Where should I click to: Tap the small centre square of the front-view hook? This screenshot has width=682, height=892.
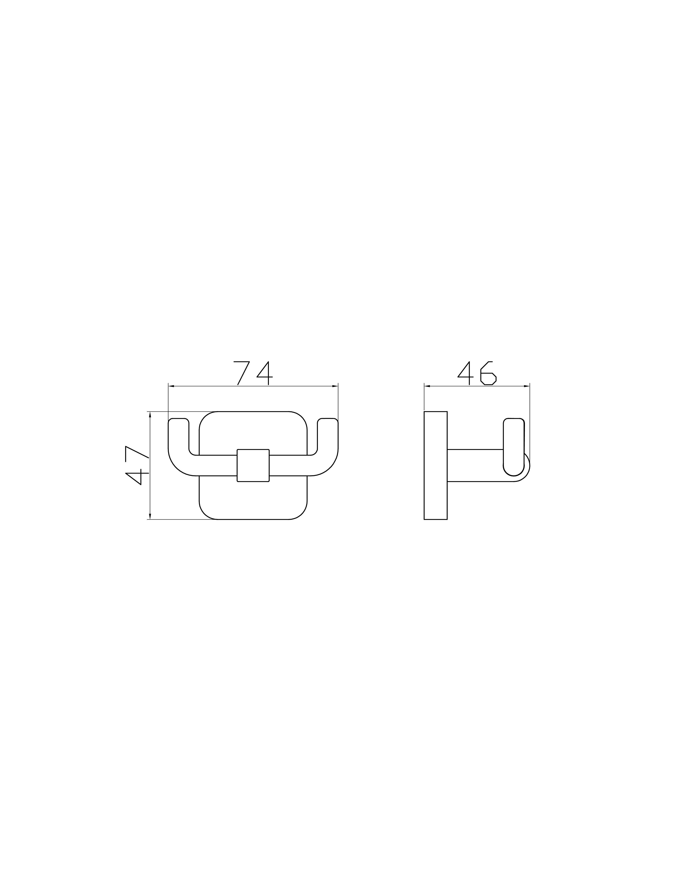click(253, 466)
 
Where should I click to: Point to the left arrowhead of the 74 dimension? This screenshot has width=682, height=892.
click(171, 386)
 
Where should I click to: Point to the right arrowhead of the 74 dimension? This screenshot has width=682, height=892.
click(335, 386)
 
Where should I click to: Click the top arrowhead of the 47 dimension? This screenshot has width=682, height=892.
click(150, 414)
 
